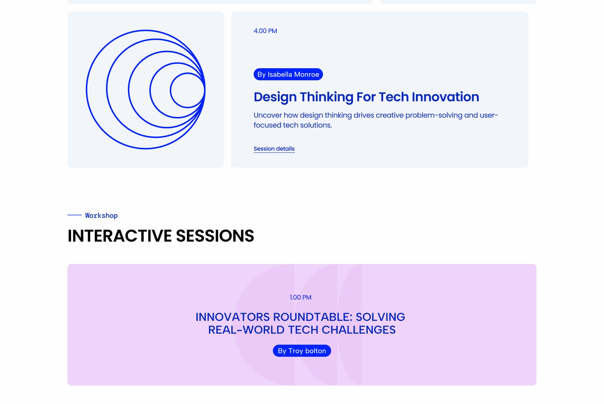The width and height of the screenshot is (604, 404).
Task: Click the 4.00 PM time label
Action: pos(265,31)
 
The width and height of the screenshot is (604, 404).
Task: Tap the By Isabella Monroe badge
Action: pos(288,74)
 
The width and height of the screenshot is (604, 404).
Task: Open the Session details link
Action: pos(274,149)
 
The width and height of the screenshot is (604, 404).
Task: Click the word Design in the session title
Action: pos(275,97)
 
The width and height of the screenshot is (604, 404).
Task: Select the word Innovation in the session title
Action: pos(445,97)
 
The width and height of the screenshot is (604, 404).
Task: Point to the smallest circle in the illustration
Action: pos(171,90)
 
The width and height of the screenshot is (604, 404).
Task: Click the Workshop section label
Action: pos(101,215)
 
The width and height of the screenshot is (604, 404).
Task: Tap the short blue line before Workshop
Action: pos(74,215)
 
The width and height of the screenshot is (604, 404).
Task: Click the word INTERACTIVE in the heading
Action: pos(119,236)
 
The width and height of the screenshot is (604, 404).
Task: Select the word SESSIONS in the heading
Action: pos(215,236)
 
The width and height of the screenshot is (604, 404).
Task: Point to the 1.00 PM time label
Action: pos(300,297)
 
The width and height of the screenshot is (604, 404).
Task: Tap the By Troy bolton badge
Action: pos(302,351)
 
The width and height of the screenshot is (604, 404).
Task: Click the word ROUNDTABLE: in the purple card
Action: pos(313,317)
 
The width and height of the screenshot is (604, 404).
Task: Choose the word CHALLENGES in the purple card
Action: pos(358,330)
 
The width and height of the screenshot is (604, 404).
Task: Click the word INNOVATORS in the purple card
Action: pos(233,317)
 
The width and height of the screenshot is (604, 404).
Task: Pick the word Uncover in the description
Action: pos(268,115)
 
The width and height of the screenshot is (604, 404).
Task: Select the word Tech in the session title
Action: pos(394,97)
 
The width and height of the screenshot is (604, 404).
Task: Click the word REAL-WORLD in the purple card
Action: pos(246,330)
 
